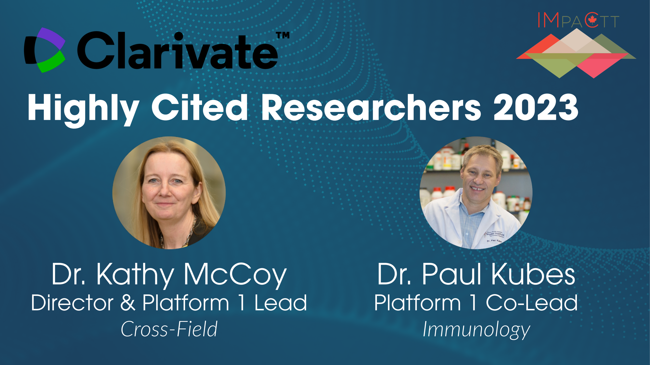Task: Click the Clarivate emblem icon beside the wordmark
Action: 44,50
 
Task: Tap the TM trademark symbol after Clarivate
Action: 283,35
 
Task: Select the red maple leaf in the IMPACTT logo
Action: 592,20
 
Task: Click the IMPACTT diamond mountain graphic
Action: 576,53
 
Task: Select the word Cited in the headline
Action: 200,107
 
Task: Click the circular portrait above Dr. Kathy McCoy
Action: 169,193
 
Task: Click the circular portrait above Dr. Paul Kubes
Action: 476,193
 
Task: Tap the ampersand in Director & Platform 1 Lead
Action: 128,302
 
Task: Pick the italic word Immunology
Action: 476,330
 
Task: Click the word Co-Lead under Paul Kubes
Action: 532,302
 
